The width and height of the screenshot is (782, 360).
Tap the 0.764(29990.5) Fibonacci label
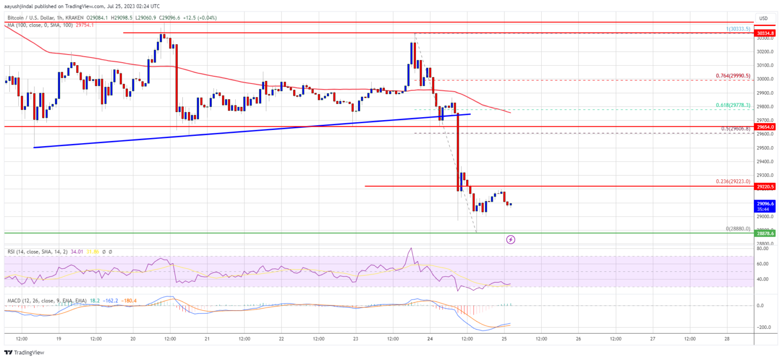(732, 76)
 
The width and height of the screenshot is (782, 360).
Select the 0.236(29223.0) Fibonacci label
(732, 182)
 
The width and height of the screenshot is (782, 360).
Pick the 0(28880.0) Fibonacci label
(738, 229)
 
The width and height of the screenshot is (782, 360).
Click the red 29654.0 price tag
(765, 126)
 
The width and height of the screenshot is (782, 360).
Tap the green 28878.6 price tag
(765, 233)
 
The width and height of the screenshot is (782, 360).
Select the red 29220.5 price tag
(765, 186)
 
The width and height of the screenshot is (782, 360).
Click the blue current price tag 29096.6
(765, 203)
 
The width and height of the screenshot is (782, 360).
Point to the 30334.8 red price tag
(765, 33)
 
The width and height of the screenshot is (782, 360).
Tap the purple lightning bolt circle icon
(511, 239)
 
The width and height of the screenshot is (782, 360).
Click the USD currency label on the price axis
(763, 18)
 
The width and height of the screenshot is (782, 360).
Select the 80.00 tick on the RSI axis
(762, 248)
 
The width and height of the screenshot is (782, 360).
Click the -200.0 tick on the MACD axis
(762, 327)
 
